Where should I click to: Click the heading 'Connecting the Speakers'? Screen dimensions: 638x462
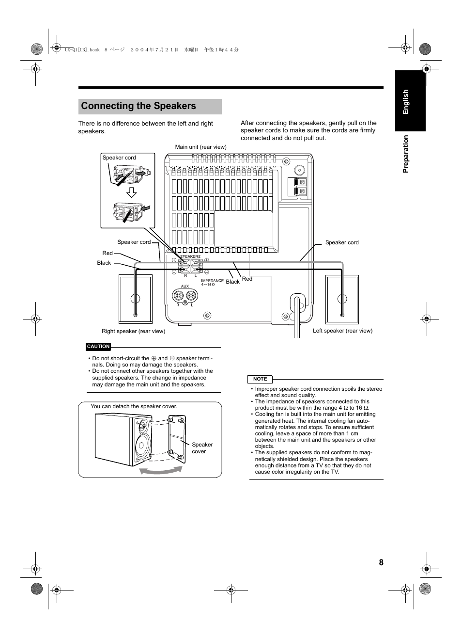[x=139, y=106]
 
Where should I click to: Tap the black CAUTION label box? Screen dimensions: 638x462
[x=98, y=347]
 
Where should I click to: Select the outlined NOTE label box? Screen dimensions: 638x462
[x=260, y=379]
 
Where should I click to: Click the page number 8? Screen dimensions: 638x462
[x=381, y=562]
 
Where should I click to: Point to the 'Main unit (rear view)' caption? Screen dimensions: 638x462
[x=200, y=147]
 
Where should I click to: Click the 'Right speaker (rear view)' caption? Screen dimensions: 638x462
[x=133, y=331]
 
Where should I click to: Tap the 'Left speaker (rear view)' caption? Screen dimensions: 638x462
[x=342, y=331]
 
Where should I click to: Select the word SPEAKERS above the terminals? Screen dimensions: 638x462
[x=190, y=256]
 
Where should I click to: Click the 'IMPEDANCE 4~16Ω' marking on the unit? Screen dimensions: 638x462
[x=213, y=282]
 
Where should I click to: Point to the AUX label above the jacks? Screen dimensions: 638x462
[x=185, y=287]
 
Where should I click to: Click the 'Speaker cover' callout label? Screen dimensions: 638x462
[x=202, y=448]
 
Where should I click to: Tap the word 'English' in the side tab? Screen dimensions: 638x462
[x=406, y=101]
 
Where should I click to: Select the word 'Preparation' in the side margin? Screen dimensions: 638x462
[x=406, y=153]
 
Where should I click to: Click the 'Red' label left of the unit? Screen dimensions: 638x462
[x=108, y=253]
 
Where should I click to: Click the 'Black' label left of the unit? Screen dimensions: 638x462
[x=104, y=263]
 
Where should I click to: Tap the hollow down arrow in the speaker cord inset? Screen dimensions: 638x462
[x=130, y=193]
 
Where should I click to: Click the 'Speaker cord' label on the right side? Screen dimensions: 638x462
[x=342, y=242]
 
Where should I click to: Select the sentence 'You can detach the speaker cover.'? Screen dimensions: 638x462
[x=134, y=406]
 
